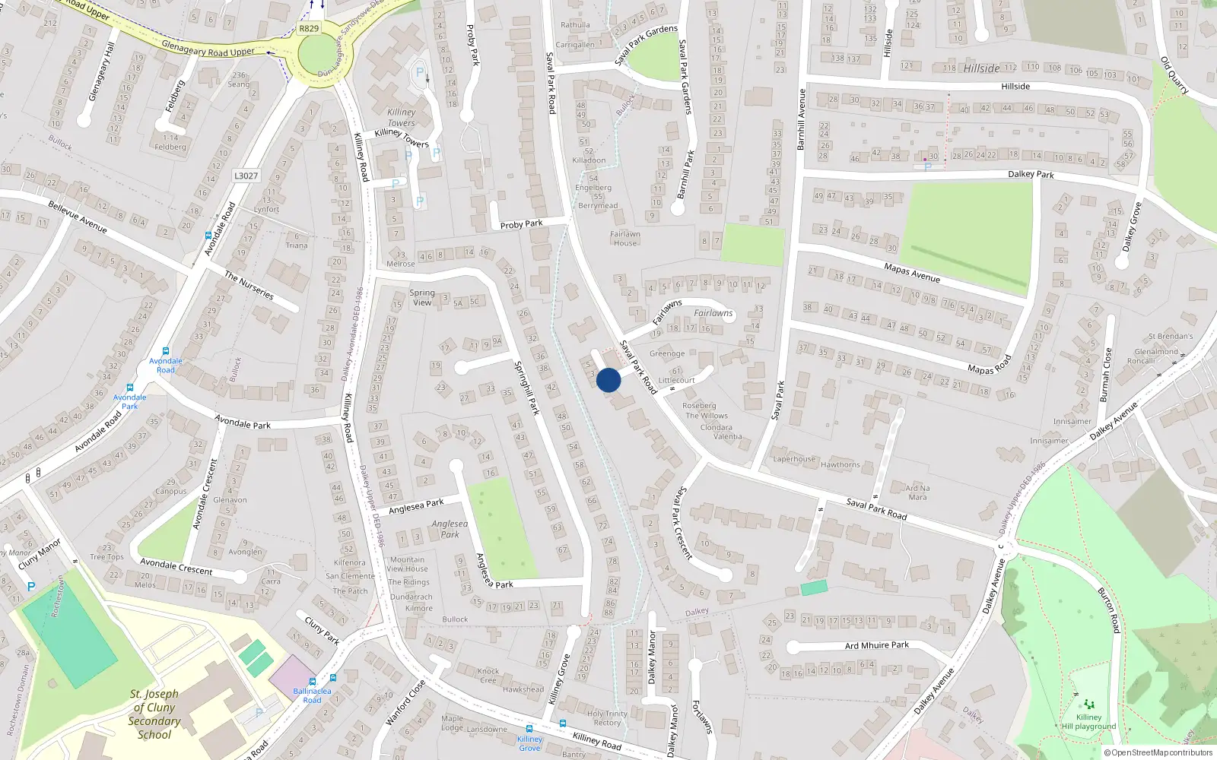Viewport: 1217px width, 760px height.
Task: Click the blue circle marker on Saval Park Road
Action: click(608, 380)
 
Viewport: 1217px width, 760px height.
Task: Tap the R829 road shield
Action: click(309, 28)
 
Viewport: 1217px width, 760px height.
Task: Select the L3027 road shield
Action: click(246, 176)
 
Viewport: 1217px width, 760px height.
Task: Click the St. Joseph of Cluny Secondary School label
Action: click(154, 714)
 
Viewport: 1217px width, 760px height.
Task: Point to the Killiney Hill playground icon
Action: click(1088, 705)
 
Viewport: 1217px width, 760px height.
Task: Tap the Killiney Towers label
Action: click(401, 117)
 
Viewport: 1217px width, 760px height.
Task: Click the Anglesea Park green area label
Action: click(450, 529)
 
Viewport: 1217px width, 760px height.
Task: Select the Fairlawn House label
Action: click(625, 239)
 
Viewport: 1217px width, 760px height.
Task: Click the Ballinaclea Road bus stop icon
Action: click(313, 682)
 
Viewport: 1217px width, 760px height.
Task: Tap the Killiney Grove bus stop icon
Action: click(563, 724)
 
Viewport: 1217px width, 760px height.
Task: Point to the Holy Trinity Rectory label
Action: click(607, 718)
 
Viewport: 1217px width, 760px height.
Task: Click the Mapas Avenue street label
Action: click(912, 273)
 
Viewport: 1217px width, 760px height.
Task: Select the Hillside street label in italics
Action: click(981, 68)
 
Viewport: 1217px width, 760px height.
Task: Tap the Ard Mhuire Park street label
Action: click(877, 645)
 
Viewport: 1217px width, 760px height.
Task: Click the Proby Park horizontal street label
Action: click(521, 224)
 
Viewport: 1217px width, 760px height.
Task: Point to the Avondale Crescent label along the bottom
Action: click(176, 566)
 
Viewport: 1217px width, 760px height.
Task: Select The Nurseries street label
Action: click(249, 286)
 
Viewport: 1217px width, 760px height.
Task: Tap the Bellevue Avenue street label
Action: click(78, 217)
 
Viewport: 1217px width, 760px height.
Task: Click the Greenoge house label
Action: click(667, 353)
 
